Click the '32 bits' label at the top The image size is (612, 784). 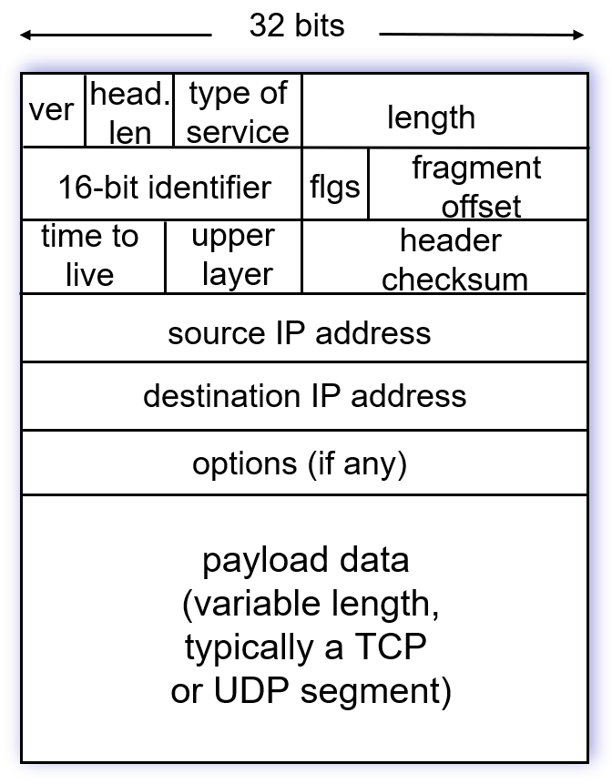point(297,25)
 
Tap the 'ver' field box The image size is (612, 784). point(52,111)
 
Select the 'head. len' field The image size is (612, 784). point(129,111)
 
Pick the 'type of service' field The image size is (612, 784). point(238,111)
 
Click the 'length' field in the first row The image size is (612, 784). point(431,117)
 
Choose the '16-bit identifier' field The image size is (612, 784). point(164,188)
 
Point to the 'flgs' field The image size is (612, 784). point(334,188)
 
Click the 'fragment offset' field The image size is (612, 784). point(477,186)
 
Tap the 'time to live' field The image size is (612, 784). point(90,256)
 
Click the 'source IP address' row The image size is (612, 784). point(300,332)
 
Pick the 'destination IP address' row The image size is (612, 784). point(304,396)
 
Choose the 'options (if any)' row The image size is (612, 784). point(300,464)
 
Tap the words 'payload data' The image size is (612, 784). point(306,560)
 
